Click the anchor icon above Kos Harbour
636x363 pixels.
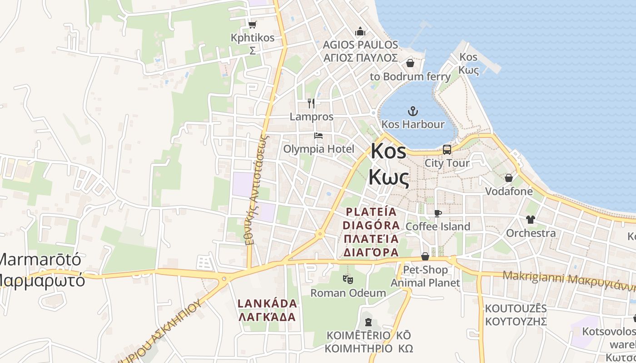413,110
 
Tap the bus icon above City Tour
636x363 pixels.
447,149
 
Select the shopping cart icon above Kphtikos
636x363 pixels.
252,25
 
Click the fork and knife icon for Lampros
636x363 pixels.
311,103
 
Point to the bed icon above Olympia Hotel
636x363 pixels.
318,136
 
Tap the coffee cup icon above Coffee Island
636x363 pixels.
438,213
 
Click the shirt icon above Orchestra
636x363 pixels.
531,220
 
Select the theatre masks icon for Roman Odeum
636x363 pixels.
348,279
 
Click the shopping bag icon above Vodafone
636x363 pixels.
509,178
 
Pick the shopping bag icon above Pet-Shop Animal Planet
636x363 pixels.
425,256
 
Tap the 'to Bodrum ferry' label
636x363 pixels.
410,76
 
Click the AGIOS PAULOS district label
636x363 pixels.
360,45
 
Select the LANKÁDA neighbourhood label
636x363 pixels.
268,303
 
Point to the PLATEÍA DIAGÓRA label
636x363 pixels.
372,218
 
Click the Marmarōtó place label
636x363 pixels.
41,260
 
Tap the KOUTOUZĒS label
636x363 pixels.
516,309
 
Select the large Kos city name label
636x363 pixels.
388,152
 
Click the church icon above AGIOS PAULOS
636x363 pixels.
360,31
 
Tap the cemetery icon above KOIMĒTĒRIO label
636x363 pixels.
368,322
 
